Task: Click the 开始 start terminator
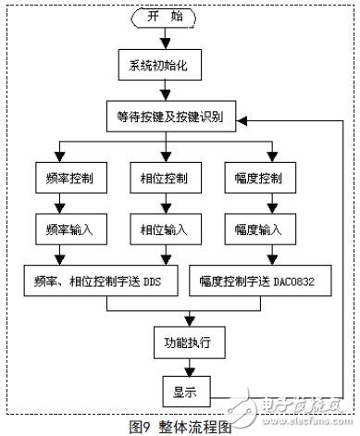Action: coord(167,18)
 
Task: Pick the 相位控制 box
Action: coord(167,174)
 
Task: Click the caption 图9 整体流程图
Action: coord(180,427)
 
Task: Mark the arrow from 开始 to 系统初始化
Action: coord(167,39)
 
